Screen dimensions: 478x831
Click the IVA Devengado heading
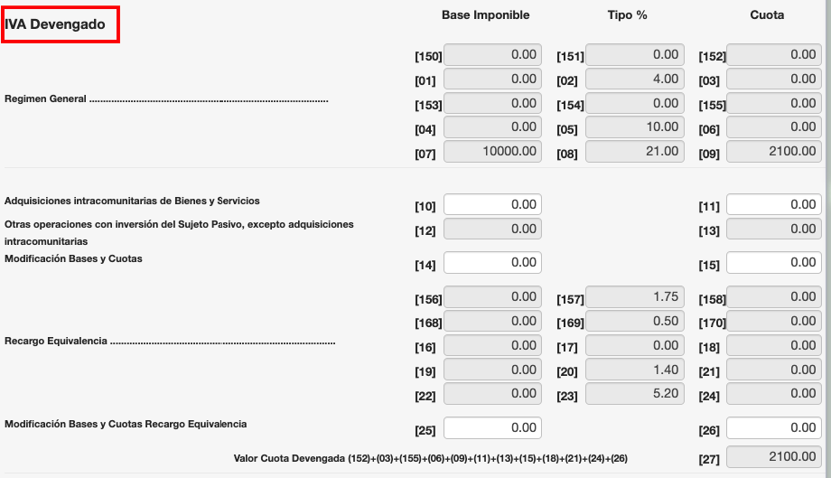(x=61, y=25)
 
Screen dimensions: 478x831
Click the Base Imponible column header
(x=485, y=15)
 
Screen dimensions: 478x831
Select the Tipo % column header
(x=627, y=15)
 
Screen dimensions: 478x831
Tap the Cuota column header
(x=767, y=15)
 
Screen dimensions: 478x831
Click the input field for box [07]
(x=493, y=152)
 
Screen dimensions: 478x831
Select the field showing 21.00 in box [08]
(x=635, y=152)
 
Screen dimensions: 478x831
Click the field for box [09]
(x=774, y=152)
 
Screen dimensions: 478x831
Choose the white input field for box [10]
(x=493, y=205)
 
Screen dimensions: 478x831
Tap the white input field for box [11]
(x=774, y=205)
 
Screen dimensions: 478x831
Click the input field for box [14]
(x=493, y=263)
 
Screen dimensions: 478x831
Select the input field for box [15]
(x=774, y=263)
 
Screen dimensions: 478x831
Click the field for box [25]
(x=493, y=427)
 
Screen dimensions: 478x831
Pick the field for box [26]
(x=774, y=427)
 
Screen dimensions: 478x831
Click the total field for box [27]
(x=774, y=457)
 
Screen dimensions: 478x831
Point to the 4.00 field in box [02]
(x=635, y=80)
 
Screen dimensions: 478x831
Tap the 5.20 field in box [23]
(x=635, y=394)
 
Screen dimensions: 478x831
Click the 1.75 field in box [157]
(x=635, y=297)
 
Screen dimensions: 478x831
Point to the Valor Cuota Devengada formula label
(x=430, y=459)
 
